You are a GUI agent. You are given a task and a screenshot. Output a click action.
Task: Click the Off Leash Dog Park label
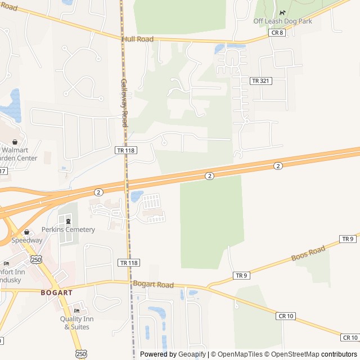[x=282, y=21]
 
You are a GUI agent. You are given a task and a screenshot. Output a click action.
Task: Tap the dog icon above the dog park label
[x=282, y=12]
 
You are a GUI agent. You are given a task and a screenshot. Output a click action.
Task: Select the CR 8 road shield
[x=277, y=33]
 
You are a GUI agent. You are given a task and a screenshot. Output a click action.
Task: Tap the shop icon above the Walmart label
[x=15, y=142]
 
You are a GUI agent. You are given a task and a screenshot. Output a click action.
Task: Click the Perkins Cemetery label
[x=68, y=229]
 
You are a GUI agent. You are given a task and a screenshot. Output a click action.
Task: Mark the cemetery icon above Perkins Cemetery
[x=69, y=221]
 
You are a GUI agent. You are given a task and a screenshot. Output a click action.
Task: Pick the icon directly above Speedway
[x=26, y=232]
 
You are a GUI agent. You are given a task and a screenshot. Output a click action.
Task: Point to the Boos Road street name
[x=308, y=254]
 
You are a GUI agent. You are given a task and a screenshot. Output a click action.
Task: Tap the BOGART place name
[x=57, y=292]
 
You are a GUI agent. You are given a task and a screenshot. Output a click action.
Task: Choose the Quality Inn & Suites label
[x=76, y=323]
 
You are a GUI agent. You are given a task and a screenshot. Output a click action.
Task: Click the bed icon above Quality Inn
[x=77, y=311]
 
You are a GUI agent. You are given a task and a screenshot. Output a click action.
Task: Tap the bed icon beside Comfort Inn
[x=6, y=263]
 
